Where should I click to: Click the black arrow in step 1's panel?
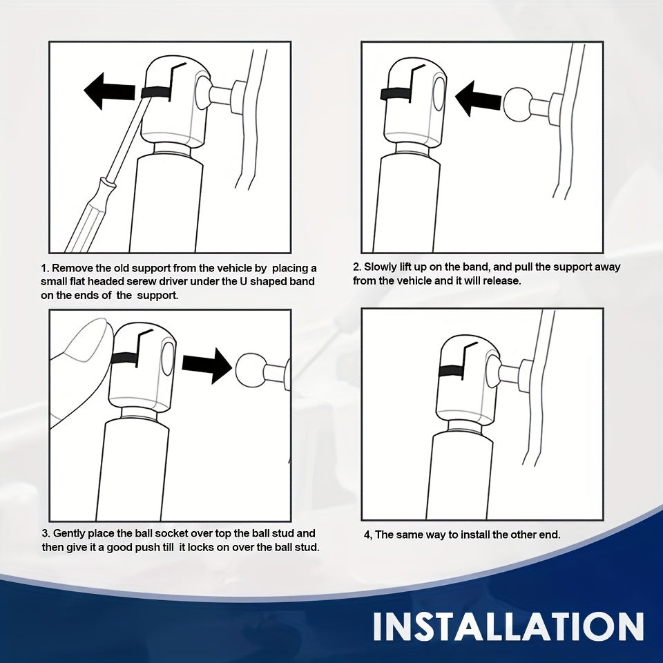tap(110, 91)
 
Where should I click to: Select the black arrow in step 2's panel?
tap(478, 99)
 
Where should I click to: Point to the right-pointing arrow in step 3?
tap(207, 365)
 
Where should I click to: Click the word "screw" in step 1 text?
tap(158, 282)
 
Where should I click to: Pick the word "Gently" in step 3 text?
tap(69, 534)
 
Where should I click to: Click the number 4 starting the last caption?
tap(367, 535)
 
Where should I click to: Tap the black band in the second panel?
tap(396, 94)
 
